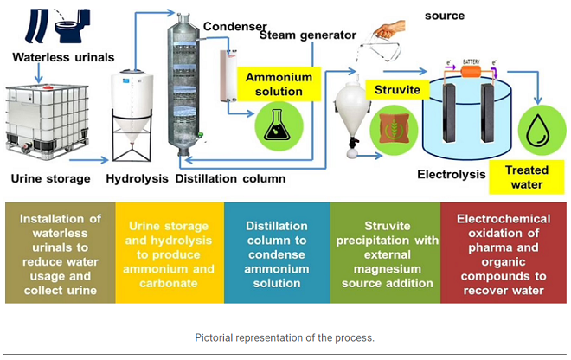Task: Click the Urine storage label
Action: (50, 179)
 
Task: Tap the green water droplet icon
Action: (542, 130)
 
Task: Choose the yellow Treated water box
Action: (525, 177)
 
